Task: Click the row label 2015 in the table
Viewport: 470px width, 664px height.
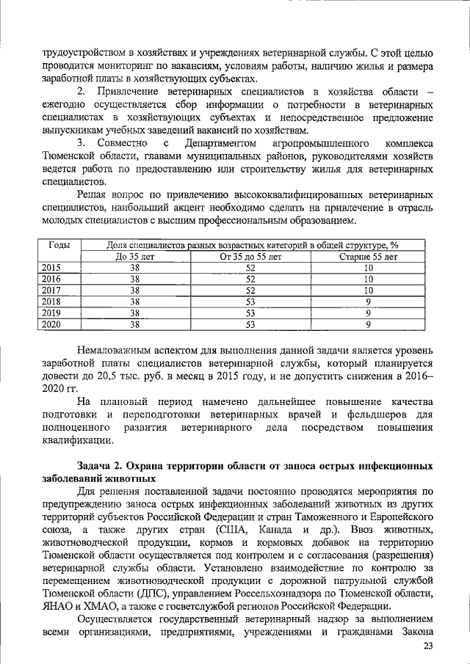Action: click(x=51, y=268)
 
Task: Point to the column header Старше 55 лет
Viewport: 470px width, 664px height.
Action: click(x=368, y=257)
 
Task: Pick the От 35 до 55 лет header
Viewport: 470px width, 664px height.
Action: click(x=250, y=257)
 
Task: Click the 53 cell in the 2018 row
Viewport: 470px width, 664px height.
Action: click(x=250, y=301)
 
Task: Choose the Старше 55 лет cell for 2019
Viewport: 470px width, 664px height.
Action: click(x=368, y=312)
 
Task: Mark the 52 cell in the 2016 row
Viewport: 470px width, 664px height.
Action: click(x=250, y=279)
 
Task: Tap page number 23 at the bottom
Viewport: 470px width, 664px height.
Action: click(x=428, y=646)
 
